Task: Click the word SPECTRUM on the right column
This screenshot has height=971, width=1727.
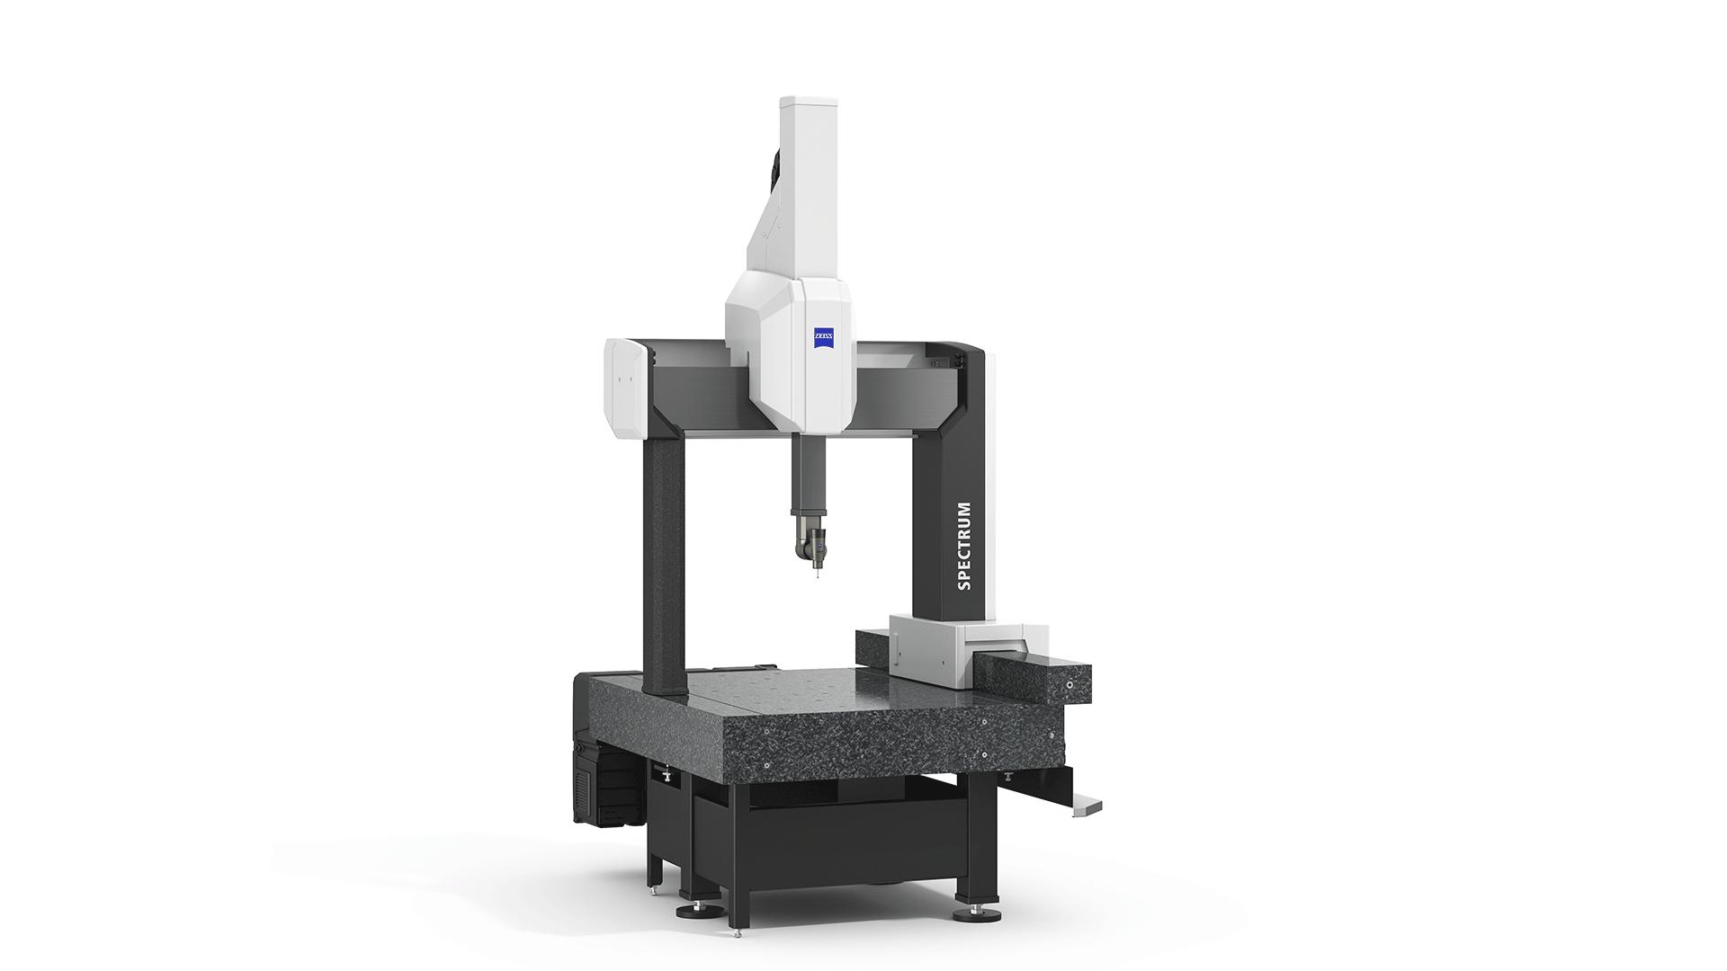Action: [x=964, y=546]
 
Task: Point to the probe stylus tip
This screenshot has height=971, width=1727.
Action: [x=817, y=575]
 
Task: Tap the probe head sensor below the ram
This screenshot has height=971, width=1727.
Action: [x=812, y=545]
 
